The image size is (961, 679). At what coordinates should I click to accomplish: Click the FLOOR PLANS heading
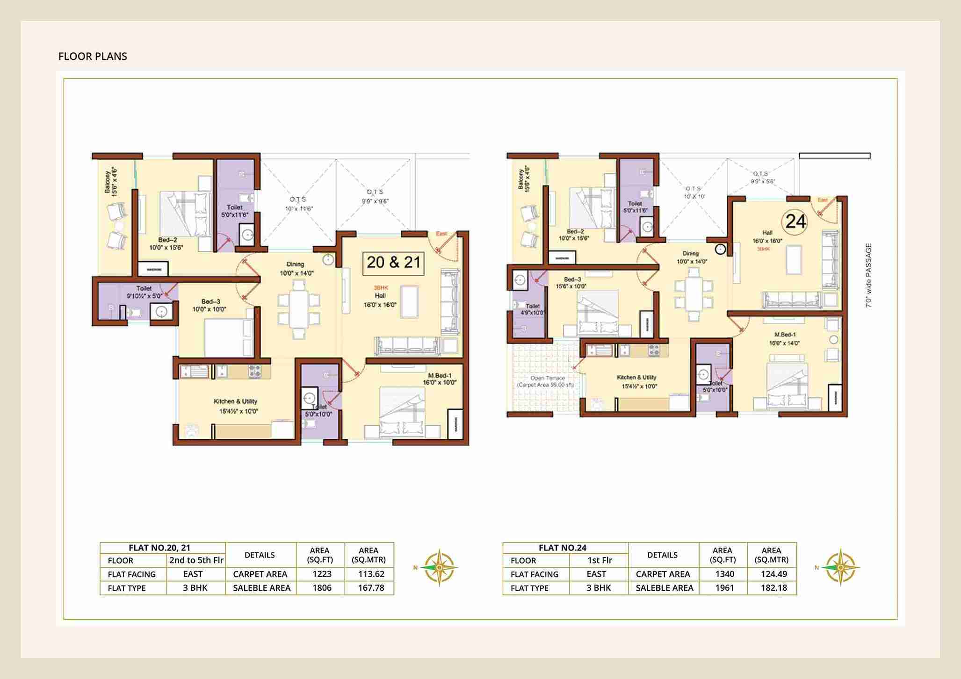[x=93, y=57]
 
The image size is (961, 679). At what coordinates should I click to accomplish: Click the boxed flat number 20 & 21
[x=393, y=263]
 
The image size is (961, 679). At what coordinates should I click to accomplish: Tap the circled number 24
[x=795, y=221]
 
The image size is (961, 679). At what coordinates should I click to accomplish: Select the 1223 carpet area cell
[x=322, y=574]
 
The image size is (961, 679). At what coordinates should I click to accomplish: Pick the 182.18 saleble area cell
[x=773, y=588]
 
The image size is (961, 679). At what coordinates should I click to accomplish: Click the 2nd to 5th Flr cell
[x=196, y=560]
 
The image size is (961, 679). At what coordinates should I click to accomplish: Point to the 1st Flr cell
[x=600, y=560]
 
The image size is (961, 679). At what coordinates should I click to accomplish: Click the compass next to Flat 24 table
[x=840, y=567]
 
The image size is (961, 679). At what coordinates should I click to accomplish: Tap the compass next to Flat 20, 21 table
[x=439, y=567]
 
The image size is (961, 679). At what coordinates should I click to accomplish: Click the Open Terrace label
[x=547, y=381]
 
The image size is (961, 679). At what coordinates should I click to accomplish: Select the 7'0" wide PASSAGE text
[x=868, y=275]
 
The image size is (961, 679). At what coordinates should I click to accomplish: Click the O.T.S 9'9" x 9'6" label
[x=375, y=196]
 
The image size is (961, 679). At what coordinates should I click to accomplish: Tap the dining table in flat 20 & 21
[x=298, y=309]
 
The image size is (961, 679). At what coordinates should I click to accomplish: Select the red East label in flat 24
[x=822, y=200]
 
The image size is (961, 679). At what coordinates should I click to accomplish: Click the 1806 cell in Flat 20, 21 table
[x=322, y=588]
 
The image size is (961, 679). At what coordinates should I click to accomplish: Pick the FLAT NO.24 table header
[x=562, y=548]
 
